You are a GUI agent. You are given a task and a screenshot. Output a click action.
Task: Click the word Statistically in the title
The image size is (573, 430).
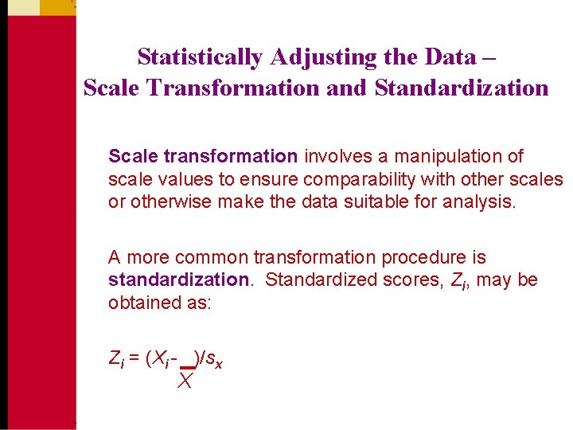201,57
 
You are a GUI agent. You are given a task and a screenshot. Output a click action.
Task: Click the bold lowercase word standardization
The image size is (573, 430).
178,280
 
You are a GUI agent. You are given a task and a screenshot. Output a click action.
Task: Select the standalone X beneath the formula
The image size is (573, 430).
185,381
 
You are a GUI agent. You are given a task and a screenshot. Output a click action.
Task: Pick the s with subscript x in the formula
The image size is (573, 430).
213,360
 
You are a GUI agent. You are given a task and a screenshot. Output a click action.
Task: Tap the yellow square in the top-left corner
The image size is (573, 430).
20,7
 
